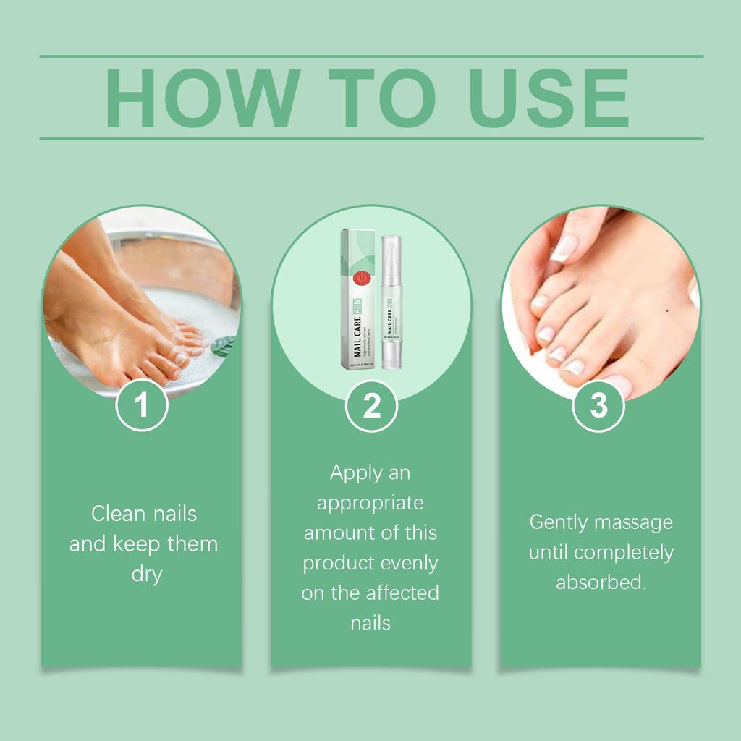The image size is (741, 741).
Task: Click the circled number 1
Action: click(142, 405)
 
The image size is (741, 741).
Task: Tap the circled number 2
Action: click(371, 406)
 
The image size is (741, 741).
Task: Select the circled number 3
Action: click(598, 405)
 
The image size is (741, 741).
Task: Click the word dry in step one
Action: click(144, 575)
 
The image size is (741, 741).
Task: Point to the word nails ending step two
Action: click(370, 622)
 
